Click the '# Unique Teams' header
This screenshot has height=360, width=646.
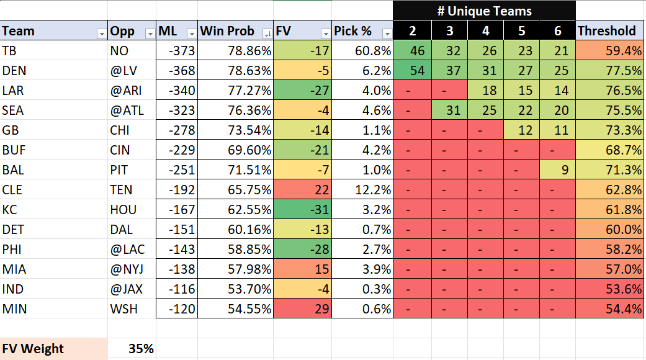484,11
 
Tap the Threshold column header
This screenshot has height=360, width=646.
607,31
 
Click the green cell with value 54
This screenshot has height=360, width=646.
417,71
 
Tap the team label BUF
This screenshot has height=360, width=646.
14,150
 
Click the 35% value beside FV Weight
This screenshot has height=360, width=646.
141,349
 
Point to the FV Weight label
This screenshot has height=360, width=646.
34,349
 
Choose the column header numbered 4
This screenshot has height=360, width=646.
485,31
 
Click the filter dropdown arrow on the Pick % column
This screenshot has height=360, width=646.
387,33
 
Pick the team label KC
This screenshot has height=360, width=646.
10,210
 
